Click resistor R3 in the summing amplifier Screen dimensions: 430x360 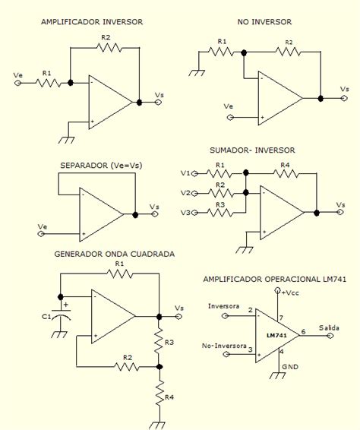coord(220,212)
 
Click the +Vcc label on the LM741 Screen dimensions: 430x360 coord(290,292)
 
